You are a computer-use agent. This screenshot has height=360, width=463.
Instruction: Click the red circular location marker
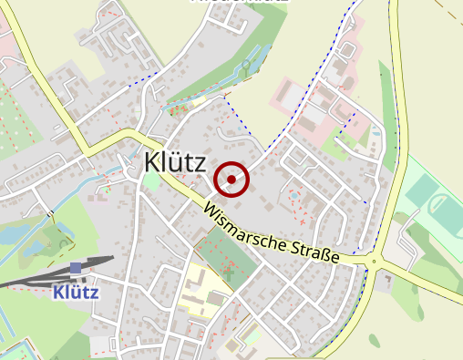(233, 180)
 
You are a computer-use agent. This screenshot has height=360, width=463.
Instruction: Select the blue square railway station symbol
(76, 268)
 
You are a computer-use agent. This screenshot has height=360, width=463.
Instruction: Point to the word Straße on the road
(315, 252)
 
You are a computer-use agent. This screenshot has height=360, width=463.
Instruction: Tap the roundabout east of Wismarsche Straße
(374, 263)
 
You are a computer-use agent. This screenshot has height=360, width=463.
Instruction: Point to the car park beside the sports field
(402, 246)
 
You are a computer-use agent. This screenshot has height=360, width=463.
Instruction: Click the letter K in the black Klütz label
(151, 162)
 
